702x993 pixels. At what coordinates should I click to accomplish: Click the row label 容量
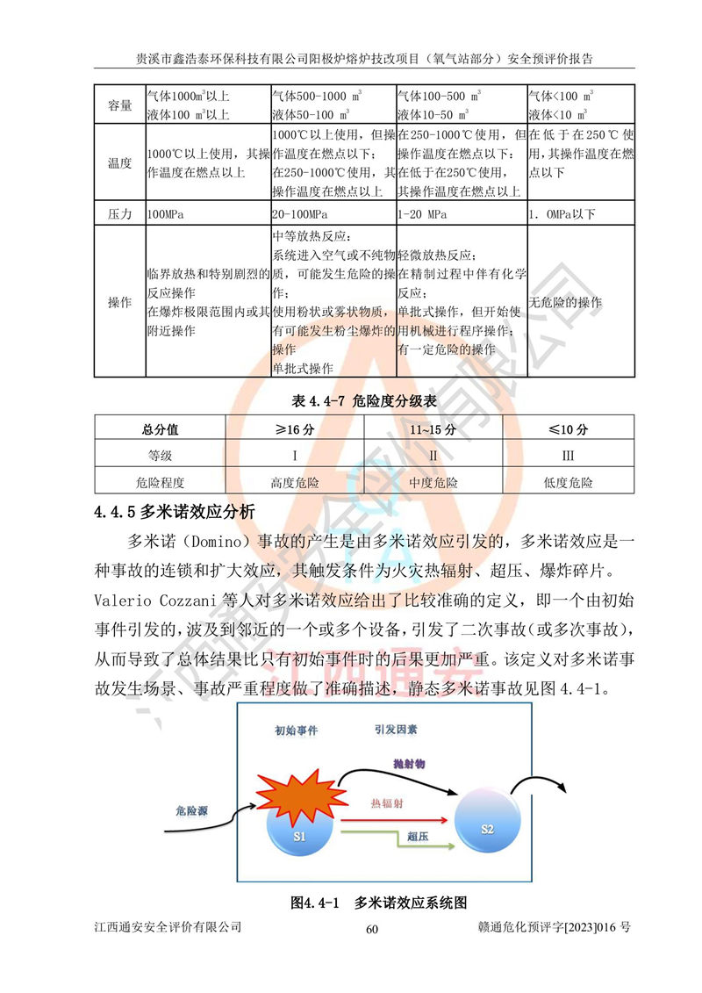(x=119, y=105)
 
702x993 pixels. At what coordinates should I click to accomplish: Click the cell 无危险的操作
(x=566, y=303)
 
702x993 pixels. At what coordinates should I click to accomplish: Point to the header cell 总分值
(x=160, y=429)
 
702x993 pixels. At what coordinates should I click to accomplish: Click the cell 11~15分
(x=432, y=429)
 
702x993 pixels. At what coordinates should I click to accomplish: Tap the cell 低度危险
(x=569, y=482)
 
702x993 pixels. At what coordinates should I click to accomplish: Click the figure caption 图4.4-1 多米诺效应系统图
(x=377, y=902)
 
